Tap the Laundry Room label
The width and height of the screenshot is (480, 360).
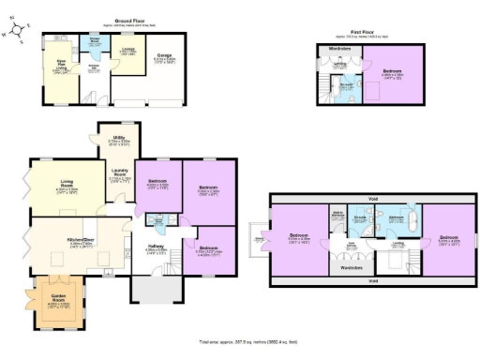tap(119, 174)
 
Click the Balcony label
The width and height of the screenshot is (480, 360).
tap(259, 240)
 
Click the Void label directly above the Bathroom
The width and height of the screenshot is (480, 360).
tap(372, 199)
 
